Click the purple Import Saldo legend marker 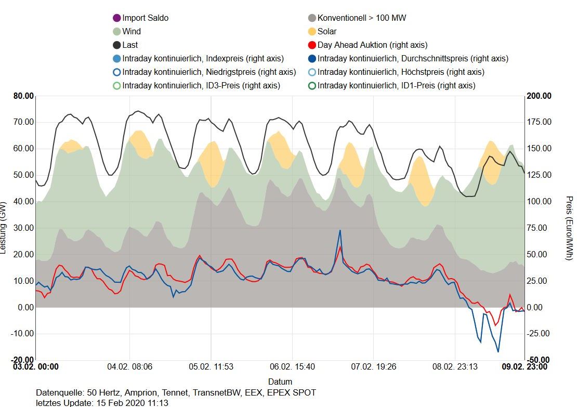coord(116,18)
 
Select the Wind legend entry coord(132,32)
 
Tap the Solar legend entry coord(327,32)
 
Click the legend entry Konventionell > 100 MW coord(362,18)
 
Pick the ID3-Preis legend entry coord(201,86)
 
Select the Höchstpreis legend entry coord(401,72)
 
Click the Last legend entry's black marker coord(116,45)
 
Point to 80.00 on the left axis coord(23,96)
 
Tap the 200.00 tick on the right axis coord(539,96)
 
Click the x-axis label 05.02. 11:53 coord(211,367)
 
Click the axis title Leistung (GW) coord(4,227)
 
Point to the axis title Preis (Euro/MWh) coord(569,227)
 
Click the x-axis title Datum coord(280,382)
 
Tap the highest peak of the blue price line coord(340,230)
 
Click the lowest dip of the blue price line coord(498,352)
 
